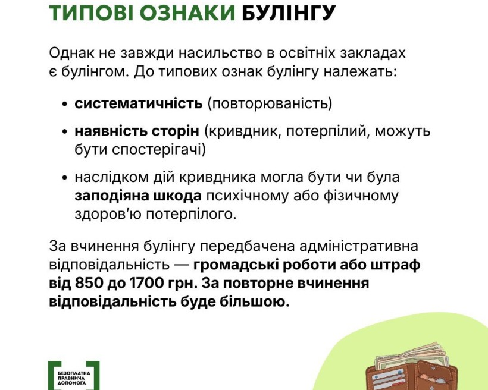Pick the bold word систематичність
point(138,103)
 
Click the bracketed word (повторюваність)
point(270,103)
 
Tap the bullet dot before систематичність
point(64,104)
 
